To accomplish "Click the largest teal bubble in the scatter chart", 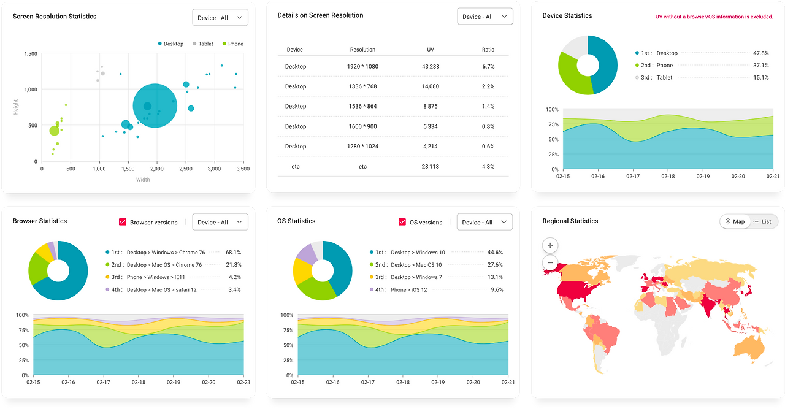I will click(x=155, y=105).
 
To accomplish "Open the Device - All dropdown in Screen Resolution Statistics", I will click(x=220, y=18).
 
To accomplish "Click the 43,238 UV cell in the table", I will click(x=431, y=66).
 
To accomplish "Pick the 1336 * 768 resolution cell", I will click(x=362, y=86).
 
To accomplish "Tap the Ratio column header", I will click(x=488, y=50).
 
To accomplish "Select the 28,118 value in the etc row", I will click(x=431, y=166).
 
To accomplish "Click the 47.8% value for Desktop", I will click(x=760, y=53).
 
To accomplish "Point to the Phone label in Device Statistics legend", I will click(x=664, y=66).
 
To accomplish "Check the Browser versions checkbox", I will click(x=123, y=222).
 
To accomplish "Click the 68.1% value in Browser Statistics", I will click(x=233, y=252).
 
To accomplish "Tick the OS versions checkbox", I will click(x=402, y=222).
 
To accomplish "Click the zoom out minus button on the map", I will click(x=550, y=263).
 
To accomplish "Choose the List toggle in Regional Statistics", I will click(x=762, y=221).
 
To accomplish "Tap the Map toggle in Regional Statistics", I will click(x=735, y=221).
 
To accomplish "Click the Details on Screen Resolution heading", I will click(x=320, y=15).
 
